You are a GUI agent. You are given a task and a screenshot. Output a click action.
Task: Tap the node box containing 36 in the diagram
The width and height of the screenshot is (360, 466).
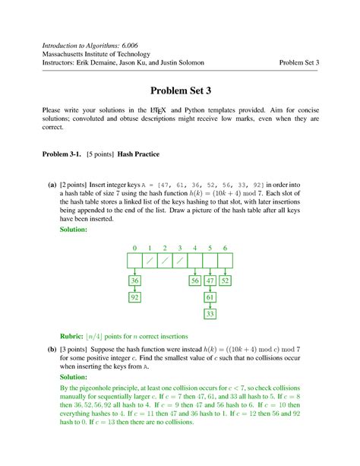[134, 281]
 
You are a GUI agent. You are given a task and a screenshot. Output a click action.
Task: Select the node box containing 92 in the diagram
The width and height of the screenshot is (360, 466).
[134, 297]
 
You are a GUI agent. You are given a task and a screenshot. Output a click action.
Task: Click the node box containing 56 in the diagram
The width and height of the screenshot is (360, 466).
[195, 281]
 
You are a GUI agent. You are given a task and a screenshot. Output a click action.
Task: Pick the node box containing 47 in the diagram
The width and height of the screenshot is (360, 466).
[210, 281]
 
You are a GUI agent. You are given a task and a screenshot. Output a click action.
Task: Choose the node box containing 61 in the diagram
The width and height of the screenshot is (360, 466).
[210, 297]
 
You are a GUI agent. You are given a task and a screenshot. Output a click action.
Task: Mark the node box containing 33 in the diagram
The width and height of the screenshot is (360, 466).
[210, 313]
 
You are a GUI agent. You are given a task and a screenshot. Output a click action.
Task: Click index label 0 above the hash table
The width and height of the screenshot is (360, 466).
[134, 249]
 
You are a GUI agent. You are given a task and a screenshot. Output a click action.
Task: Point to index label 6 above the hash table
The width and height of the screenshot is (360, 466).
[225, 249]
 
